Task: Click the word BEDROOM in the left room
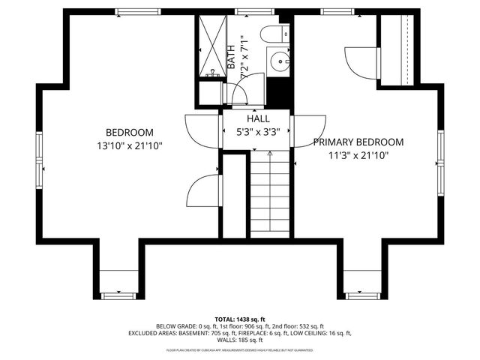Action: (129, 131)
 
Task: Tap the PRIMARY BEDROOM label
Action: (358, 142)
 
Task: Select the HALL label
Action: (258, 118)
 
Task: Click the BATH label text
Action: (231, 57)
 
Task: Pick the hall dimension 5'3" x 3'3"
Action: (258, 132)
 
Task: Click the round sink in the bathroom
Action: (280, 59)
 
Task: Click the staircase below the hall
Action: (269, 191)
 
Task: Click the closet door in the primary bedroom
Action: (358, 60)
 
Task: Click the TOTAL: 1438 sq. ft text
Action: (239, 319)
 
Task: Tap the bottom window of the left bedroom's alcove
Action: (119, 295)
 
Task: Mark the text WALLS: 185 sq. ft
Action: (239, 340)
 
